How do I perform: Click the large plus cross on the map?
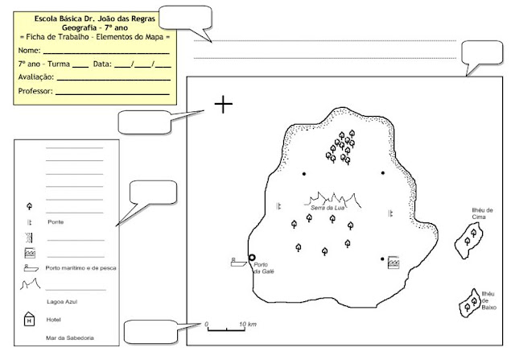[x=224, y=104]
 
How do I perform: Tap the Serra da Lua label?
[x=328, y=208]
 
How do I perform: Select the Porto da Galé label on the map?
[x=264, y=268]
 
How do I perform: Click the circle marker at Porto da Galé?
[x=252, y=258]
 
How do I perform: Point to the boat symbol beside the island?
[x=239, y=262]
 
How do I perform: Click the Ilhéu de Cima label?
[x=482, y=213]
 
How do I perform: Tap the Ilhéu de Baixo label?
[x=488, y=300]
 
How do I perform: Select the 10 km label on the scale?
[x=248, y=325]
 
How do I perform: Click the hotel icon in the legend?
[x=29, y=319]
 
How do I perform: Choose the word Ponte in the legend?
[x=56, y=222]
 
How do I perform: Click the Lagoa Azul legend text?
[x=62, y=301]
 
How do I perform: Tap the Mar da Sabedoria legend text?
[x=70, y=337]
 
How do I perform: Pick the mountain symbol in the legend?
[x=30, y=284]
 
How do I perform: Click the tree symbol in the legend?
[x=29, y=206]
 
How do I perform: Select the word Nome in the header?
[x=29, y=50]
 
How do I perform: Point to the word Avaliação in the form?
[x=35, y=77]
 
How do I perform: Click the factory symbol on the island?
[x=393, y=263]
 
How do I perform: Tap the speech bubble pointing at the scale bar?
[x=151, y=332]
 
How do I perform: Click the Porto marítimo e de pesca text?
[x=80, y=268]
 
